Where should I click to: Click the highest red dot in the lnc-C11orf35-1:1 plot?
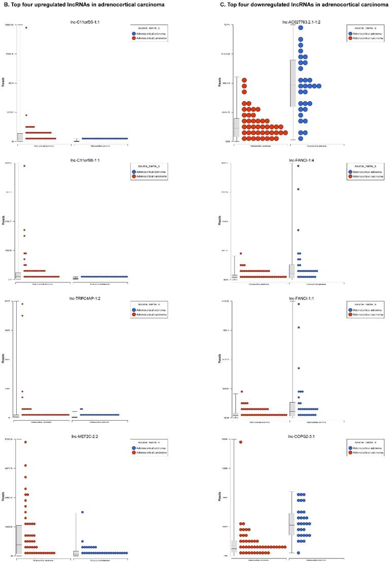point(26,28)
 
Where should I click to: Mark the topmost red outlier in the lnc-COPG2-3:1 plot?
point(241,442)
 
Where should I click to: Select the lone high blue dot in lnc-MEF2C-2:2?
point(82,512)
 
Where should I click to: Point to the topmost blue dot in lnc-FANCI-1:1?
point(299,304)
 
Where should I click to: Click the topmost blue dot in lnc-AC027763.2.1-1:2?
point(301,28)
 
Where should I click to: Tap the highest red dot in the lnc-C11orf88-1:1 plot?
point(24,166)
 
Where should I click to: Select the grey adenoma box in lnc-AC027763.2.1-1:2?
point(292,83)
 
